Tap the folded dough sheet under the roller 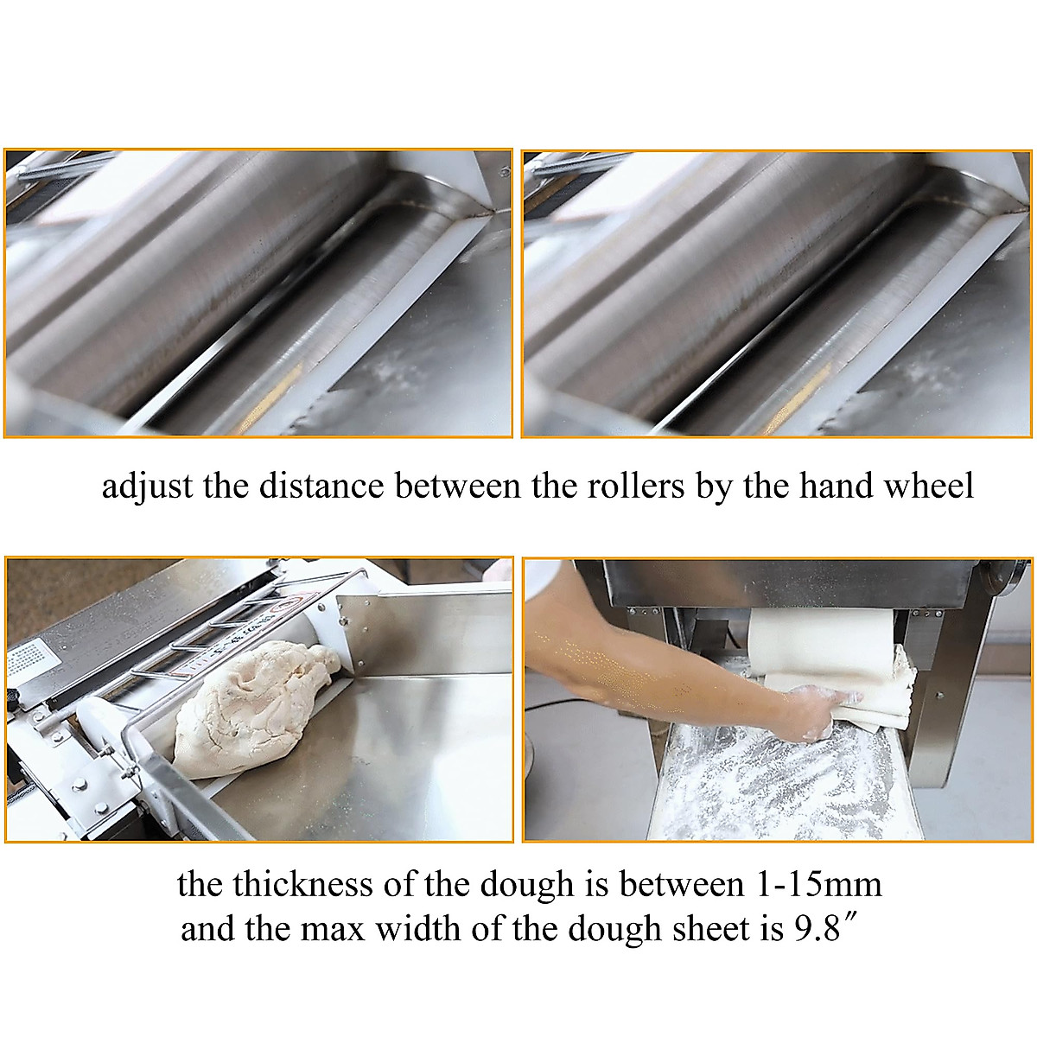873,691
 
